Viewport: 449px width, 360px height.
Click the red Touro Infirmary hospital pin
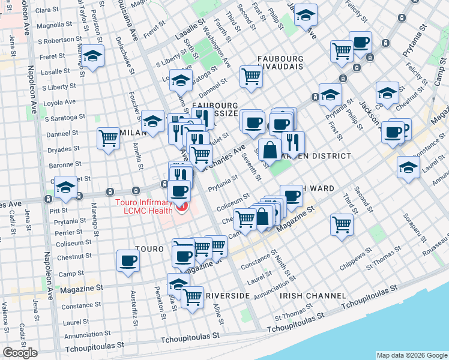(181, 208)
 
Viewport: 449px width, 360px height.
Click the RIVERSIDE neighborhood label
(228, 296)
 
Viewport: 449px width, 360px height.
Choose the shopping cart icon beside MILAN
(109, 138)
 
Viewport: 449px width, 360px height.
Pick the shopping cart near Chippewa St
(342, 224)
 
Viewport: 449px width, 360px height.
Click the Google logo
(20, 353)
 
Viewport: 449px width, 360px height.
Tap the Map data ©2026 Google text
(412, 355)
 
